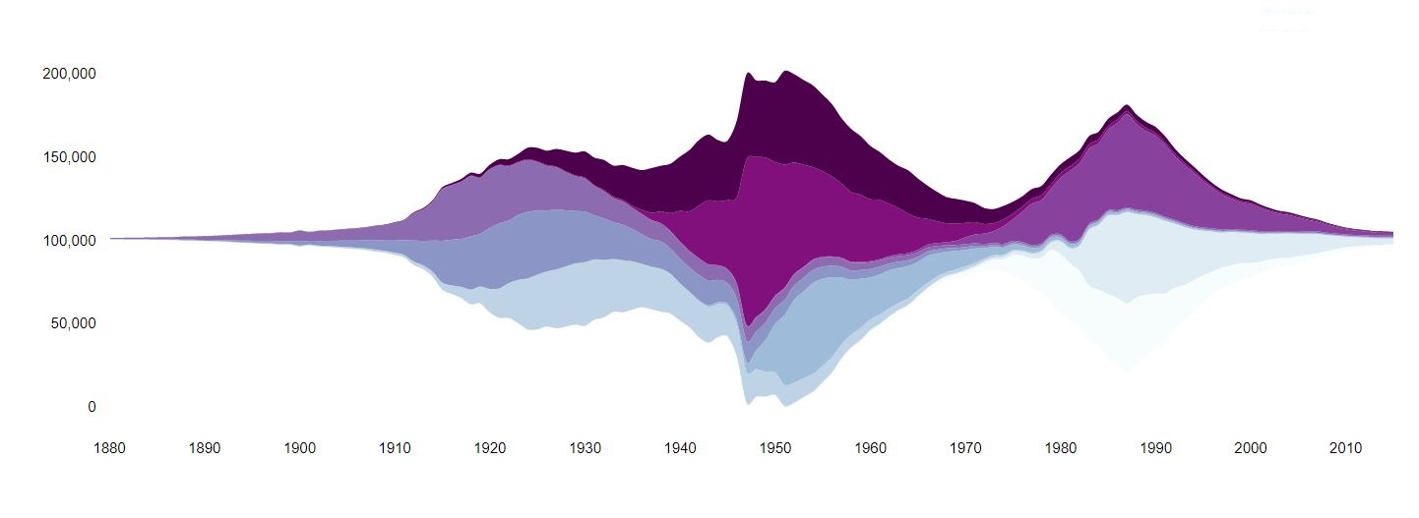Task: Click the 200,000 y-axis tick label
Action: pyautogui.click(x=69, y=74)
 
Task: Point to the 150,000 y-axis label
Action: pyautogui.click(x=69, y=157)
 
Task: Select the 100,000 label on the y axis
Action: pyautogui.click(x=69, y=240)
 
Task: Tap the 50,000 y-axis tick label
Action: pyautogui.click(x=73, y=323)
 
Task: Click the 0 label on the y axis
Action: pyautogui.click(x=92, y=407)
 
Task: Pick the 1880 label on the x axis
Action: pyautogui.click(x=110, y=448)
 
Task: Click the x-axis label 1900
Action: pyautogui.click(x=300, y=448)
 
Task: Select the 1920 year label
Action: pyautogui.click(x=490, y=448)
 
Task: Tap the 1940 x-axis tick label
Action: pyautogui.click(x=681, y=448)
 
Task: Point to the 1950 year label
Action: pyautogui.click(x=775, y=448)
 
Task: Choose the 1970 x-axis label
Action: pyautogui.click(x=966, y=448)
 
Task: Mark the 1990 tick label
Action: pyautogui.click(x=1156, y=448)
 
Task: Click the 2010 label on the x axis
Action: pyautogui.click(x=1346, y=448)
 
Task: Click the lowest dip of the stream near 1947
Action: pyautogui.click(x=748, y=402)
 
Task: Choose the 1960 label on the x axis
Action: pyautogui.click(x=871, y=448)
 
